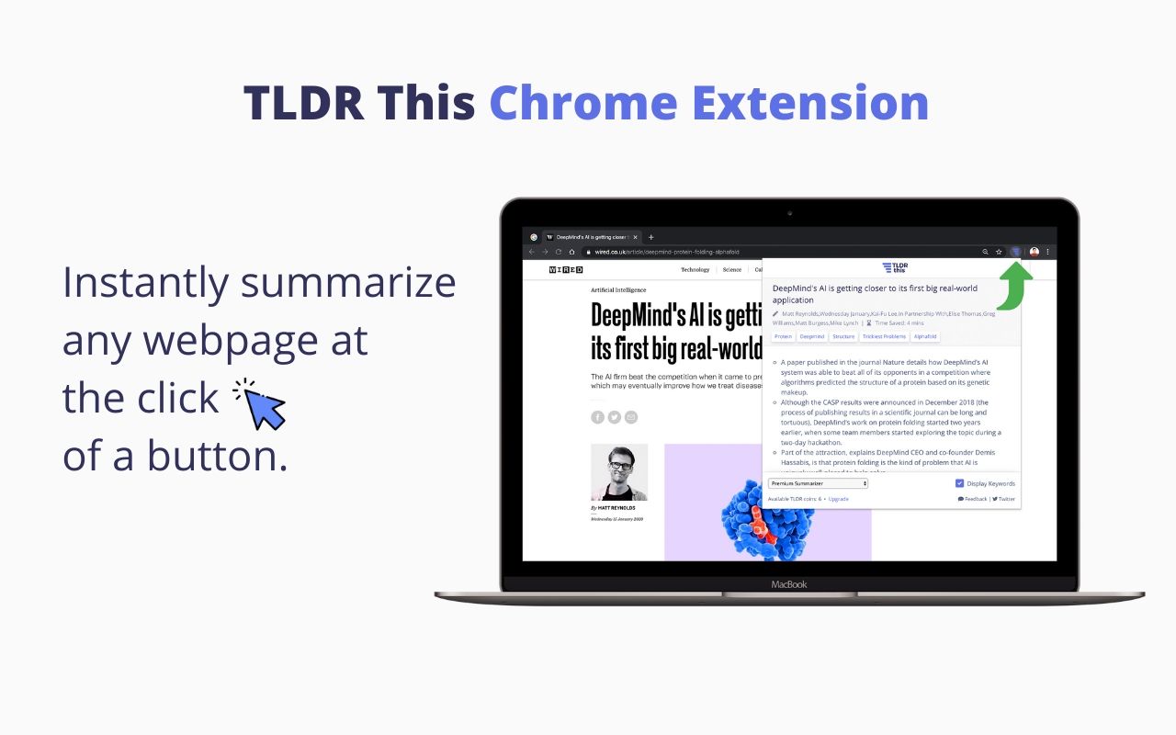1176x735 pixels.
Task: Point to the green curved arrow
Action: pos(1014,286)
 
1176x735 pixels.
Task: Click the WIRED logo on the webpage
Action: pos(565,270)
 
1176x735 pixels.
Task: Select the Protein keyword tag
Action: pos(783,337)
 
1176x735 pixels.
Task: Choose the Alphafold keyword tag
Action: pos(925,337)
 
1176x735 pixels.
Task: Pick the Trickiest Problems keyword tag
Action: pos(883,337)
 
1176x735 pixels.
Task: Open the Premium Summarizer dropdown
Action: pos(818,483)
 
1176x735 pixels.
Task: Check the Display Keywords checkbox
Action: pos(959,483)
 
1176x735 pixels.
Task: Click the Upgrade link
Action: pos(838,499)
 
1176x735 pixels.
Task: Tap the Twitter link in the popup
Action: pos(1004,499)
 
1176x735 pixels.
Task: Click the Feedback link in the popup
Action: pos(973,499)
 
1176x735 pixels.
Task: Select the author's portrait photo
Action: pos(618,472)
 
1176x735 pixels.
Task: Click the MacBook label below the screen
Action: pos(789,584)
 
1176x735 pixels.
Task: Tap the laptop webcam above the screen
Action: pos(789,213)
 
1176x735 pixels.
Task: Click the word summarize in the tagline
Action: pos(348,283)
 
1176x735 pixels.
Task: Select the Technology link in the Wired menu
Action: pos(695,270)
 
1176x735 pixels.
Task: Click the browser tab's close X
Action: pos(635,237)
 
